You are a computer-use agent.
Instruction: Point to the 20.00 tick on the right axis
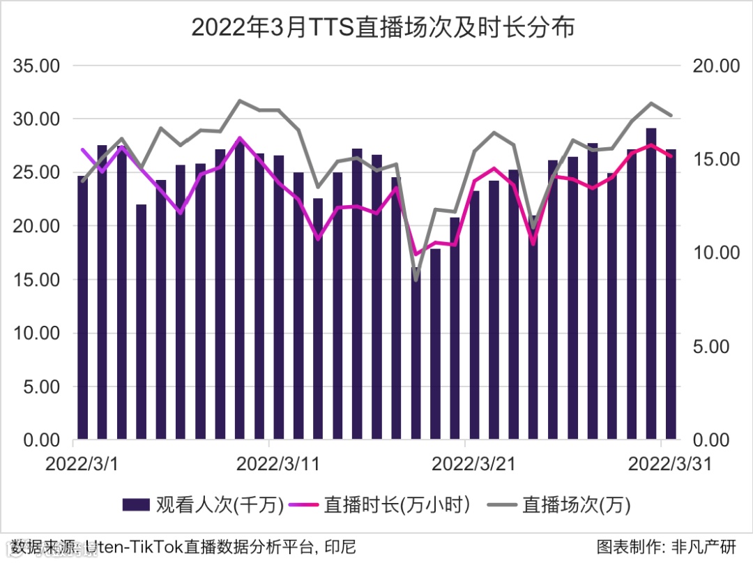click(716, 66)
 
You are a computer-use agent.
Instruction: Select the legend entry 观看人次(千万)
click(203, 505)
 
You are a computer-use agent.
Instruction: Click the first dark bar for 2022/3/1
click(83, 307)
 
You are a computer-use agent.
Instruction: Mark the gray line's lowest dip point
click(416, 280)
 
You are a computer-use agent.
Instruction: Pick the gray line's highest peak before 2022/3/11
click(239, 100)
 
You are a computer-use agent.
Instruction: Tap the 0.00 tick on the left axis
click(40, 440)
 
